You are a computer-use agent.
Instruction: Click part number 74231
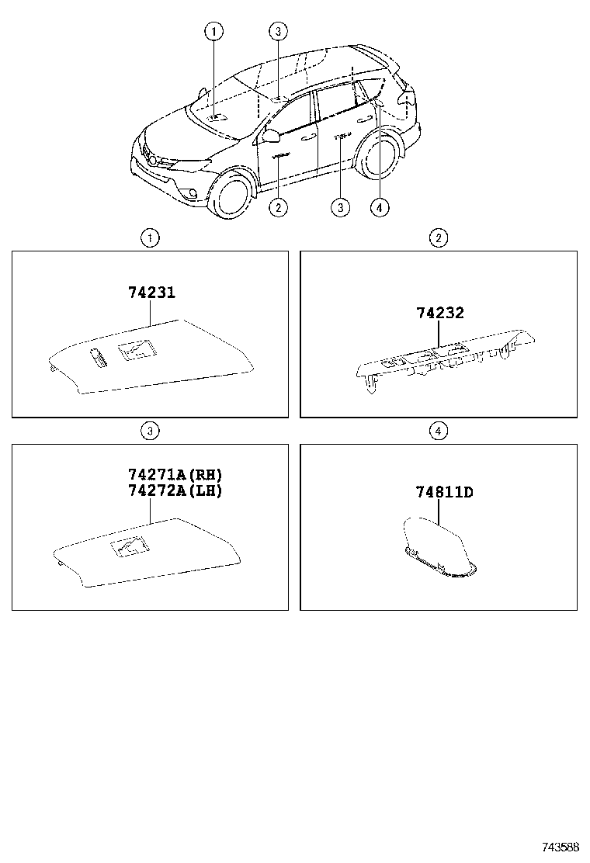click(x=151, y=293)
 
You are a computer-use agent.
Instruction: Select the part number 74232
click(x=439, y=314)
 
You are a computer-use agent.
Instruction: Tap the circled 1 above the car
click(x=213, y=31)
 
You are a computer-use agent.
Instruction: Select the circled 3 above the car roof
click(x=279, y=31)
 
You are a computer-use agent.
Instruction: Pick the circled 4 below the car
click(x=379, y=207)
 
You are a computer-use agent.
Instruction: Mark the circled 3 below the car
click(x=339, y=207)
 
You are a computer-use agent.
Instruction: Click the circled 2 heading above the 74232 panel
click(x=439, y=238)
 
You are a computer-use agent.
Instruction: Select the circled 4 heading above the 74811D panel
click(x=439, y=431)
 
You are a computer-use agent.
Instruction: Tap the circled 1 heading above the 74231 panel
click(x=150, y=238)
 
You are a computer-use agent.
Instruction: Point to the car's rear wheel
click(x=380, y=158)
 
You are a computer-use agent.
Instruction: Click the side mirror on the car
click(x=271, y=137)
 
